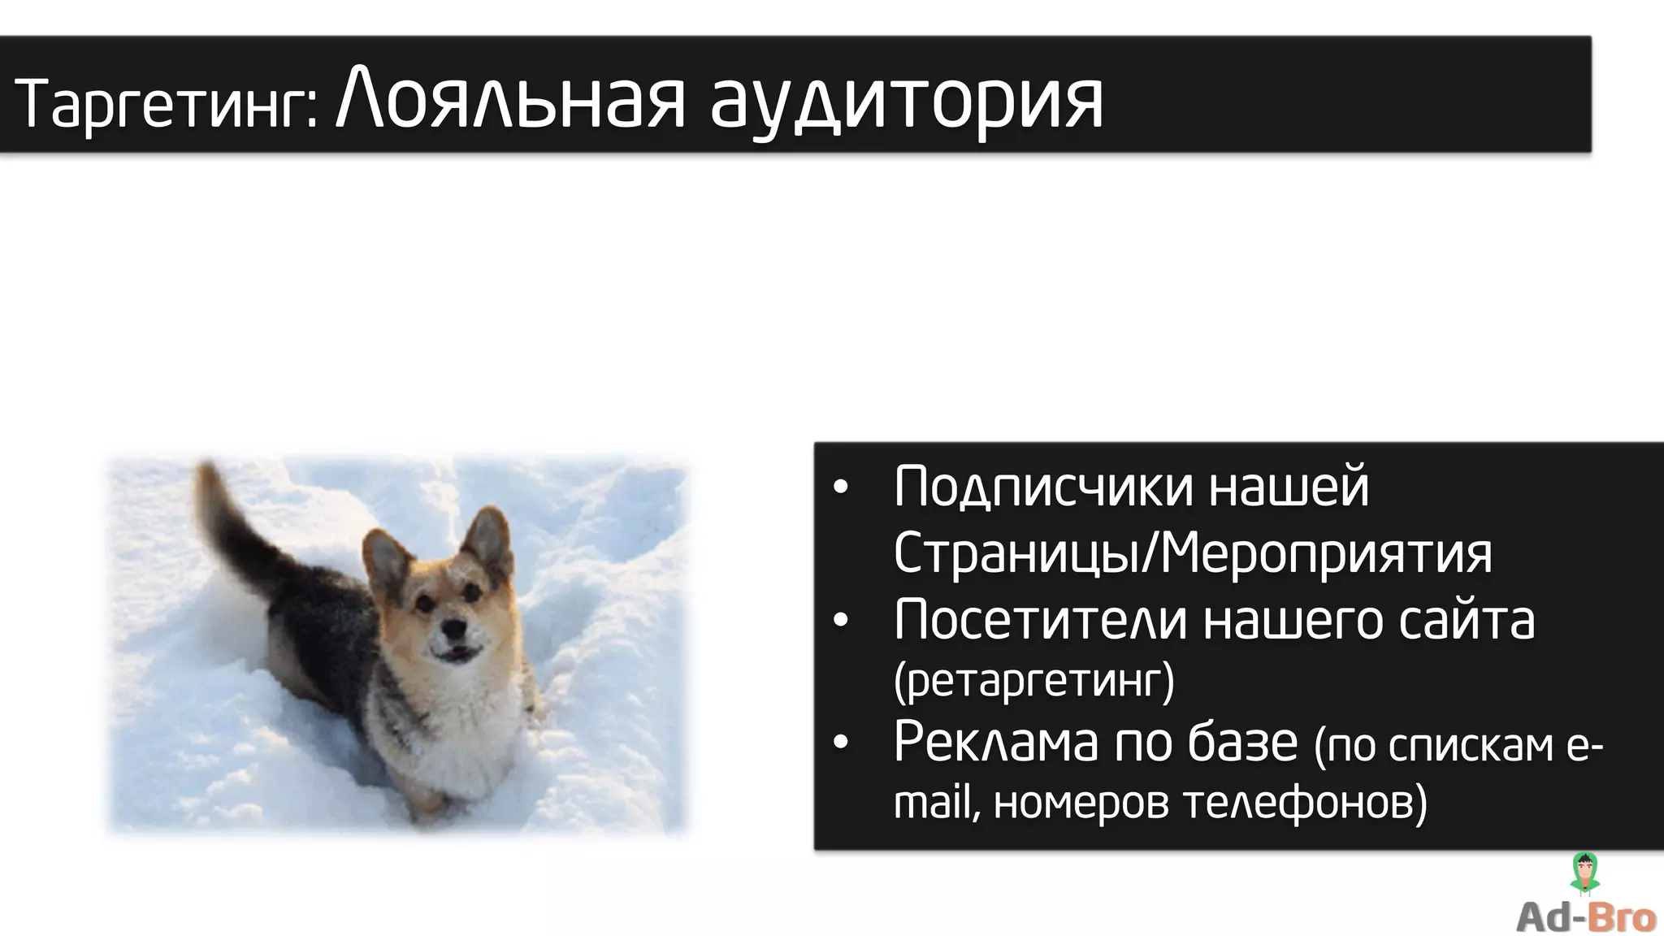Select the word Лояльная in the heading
(511, 102)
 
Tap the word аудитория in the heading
(906, 104)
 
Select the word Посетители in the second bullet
(1041, 621)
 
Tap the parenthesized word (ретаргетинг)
(1033, 681)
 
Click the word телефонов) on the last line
(1305, 803)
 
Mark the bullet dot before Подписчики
(841, 488)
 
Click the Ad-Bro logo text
(1585, 917)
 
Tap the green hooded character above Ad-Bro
(1584, 873)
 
